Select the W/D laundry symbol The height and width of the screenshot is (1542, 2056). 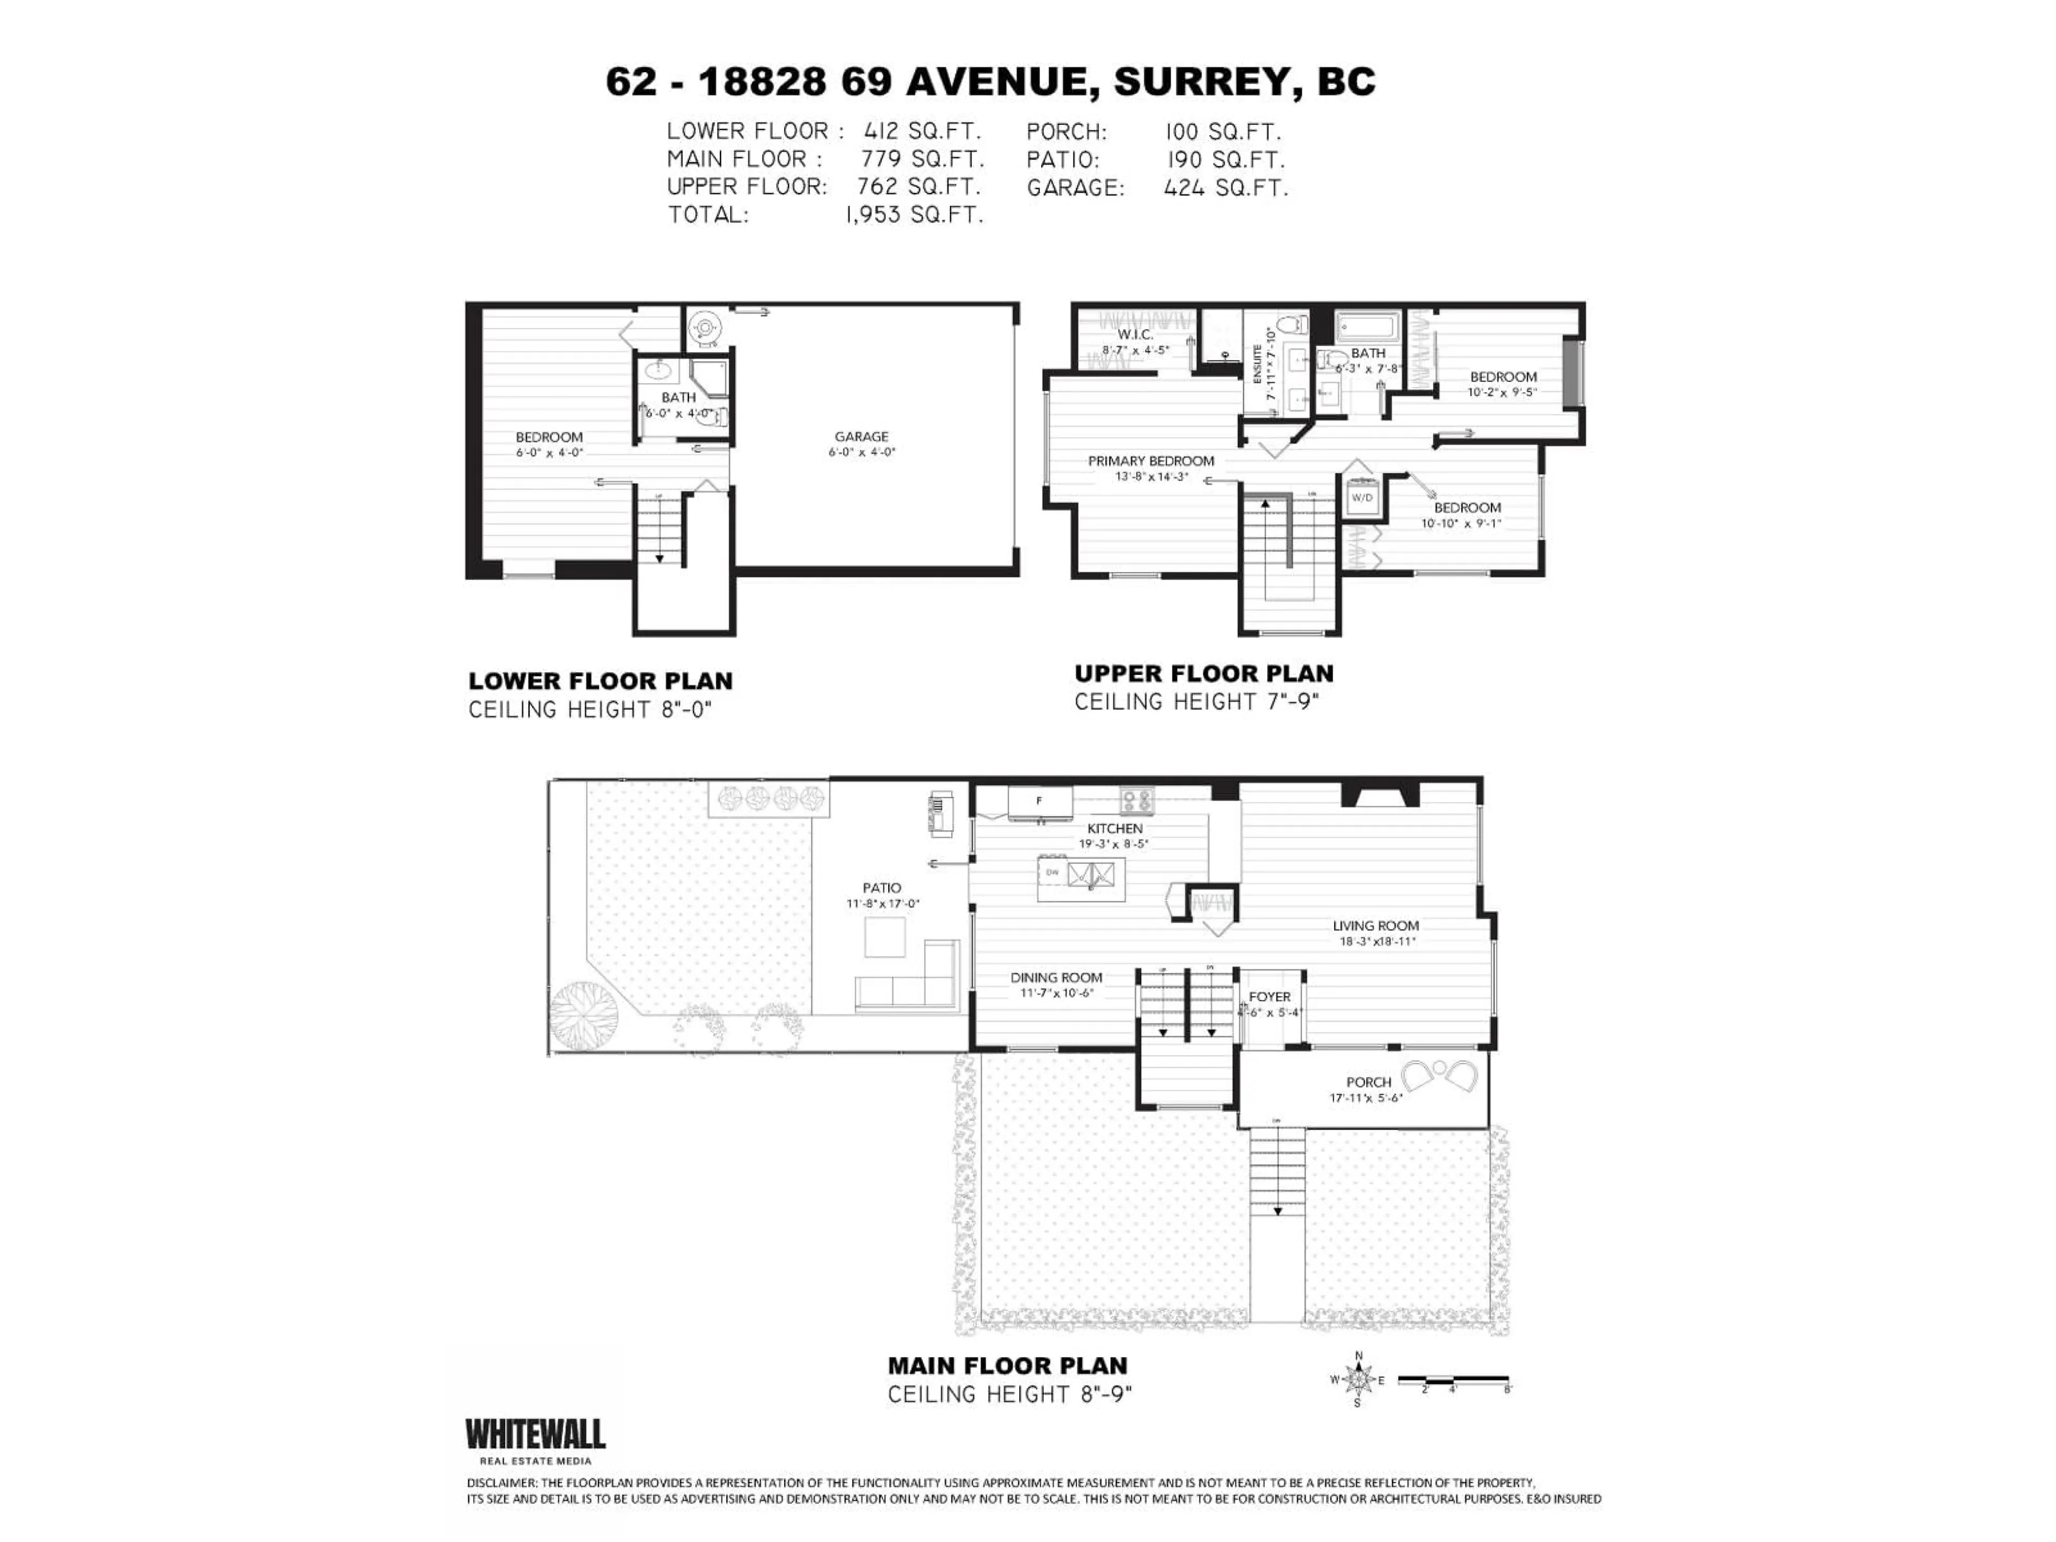(x=1362, y=497)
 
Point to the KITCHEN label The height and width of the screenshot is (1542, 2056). (x=1114, y=828)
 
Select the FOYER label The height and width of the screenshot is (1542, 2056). (x=1269, y=996)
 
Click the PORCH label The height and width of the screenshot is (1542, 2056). (x=1368, y=1082)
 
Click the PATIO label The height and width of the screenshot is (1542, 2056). (x=881, y=888)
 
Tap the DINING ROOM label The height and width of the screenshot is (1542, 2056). (x=1056, y=977)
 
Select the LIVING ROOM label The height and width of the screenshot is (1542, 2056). (x=1375, y=926)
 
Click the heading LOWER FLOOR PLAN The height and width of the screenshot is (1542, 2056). (x=600, y=681)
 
